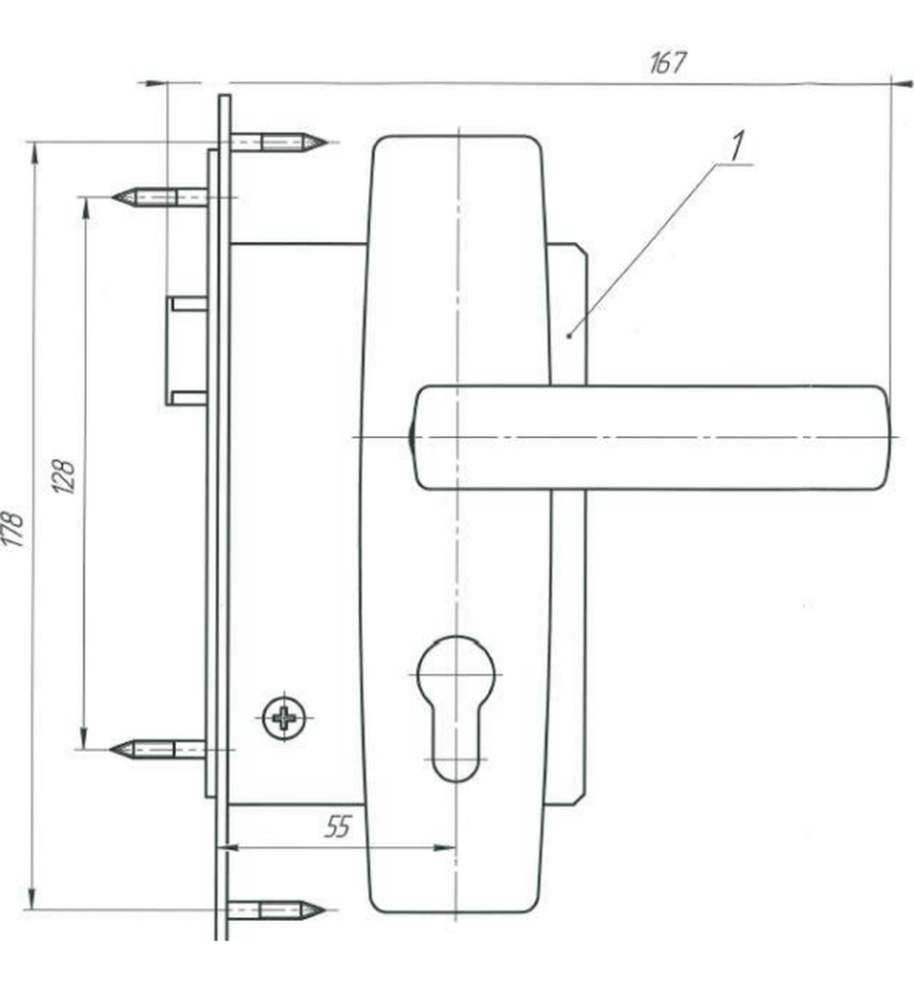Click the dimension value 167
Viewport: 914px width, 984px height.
point(667,63)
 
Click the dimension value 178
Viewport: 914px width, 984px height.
point(14,528)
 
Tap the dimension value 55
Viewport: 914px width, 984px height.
point(338,827)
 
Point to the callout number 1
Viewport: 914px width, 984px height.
point(738,145)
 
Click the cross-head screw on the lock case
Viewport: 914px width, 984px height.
point(284,716)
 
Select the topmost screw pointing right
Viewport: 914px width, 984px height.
point(278,143)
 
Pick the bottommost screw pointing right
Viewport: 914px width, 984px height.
point(276,909)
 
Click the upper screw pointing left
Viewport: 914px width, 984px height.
point(160,197)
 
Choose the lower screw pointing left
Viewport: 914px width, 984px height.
point(157,749)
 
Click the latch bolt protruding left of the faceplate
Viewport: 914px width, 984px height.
point(186,351)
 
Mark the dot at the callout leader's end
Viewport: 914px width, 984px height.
point(569,337)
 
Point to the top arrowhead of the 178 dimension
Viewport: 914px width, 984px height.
point(33,154)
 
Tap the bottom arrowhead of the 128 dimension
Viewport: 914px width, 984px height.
point(84,738)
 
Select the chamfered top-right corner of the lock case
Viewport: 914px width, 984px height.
point(581,249)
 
